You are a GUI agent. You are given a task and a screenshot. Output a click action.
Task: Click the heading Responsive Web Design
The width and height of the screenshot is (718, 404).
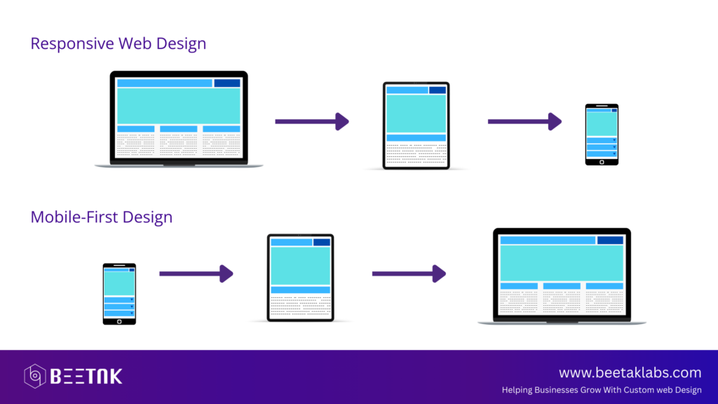click(118, 43)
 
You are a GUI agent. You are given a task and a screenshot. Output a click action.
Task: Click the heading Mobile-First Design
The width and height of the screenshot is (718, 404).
click(101, 217)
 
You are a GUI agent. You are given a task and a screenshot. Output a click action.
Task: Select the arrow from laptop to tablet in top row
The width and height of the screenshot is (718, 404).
click(312, 121)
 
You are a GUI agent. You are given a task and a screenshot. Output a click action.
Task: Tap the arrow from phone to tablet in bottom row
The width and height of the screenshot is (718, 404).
click(196, 274)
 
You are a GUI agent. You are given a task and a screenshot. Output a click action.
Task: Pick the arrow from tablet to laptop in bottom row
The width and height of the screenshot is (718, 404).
click(409, 274)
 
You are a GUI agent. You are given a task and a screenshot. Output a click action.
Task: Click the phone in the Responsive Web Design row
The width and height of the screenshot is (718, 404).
click(602, 134)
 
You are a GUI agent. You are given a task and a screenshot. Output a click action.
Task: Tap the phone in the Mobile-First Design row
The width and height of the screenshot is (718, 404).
click(119, 294)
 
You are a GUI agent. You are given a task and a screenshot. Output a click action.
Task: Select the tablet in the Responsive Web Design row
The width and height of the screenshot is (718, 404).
click(416, 126)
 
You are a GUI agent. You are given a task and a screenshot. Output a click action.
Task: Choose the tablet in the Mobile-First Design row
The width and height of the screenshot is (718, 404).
click(300, 278)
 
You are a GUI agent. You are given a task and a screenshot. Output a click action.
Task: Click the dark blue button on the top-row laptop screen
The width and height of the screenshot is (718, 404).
click(227, 83)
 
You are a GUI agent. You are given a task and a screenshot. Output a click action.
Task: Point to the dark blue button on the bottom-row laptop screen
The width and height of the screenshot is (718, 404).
click(610, 240)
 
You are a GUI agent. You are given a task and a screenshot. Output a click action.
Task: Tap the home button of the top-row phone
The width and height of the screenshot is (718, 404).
click(602, 162)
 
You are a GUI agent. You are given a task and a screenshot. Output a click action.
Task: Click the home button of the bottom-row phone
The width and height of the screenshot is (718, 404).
click(119, 321)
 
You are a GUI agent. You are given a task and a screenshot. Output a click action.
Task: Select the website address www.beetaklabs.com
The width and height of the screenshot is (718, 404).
click(630, 372)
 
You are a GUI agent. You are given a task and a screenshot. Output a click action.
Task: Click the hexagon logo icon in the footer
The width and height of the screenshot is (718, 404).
click(35, 376)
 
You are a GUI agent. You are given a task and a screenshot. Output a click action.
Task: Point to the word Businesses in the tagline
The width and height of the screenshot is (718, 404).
click(556, 390)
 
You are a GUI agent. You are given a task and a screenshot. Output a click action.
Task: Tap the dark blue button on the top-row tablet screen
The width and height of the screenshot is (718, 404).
click(438, 90)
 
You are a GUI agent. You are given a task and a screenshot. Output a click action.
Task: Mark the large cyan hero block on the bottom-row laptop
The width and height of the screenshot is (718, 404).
click(562, 263)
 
